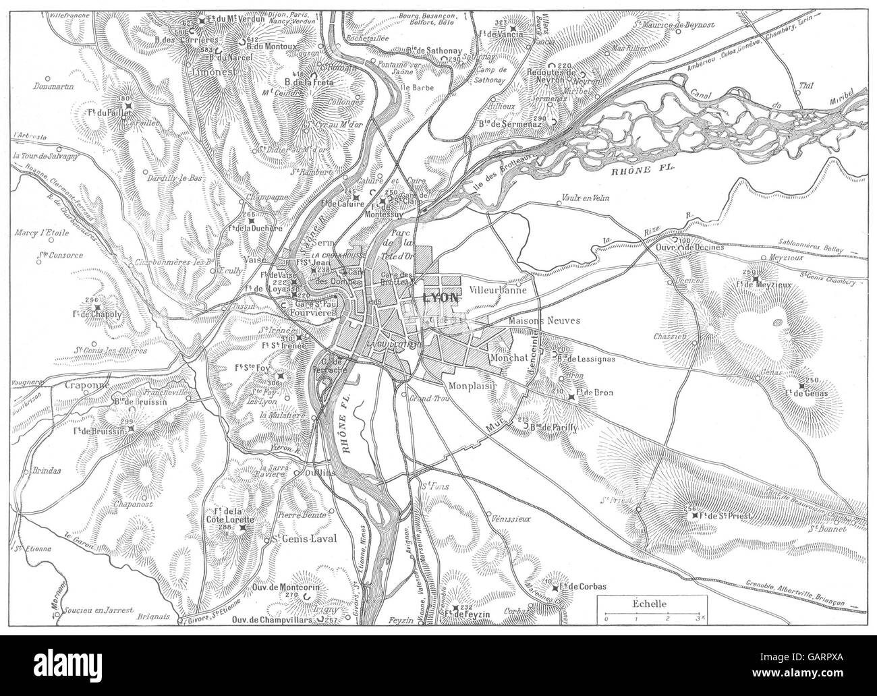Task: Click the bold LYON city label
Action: click(x=441, y=297)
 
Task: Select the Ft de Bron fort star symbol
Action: click(x=572, y=397)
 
